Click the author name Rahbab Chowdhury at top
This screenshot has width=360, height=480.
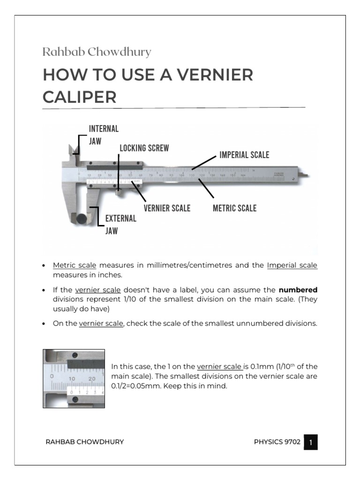pyautogui.click(x=97, y=52)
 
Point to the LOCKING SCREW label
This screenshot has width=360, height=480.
pyautogui.click(x=144, y=148)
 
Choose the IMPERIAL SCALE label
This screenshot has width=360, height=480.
pyautogui.click(x=244, y=155)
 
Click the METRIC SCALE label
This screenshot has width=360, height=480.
pyautogui.click(x=234, y=208)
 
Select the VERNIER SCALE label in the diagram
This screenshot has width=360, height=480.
pyautogui.click(x=167, y=208)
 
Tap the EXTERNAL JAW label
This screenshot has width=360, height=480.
pyautogui.click(x=120, y=225)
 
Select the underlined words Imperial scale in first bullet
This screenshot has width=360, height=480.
pyautogui.click(x=292, y=265)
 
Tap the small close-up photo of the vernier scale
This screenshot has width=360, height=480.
pyautogui.click(x=74, y=378)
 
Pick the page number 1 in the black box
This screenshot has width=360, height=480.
pyautogui.click(x=310, y=442)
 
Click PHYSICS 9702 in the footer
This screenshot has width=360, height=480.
pyautogui.click(x=277, y=442)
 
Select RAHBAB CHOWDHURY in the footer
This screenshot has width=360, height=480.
pyautogui.click(x=84, y=442)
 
